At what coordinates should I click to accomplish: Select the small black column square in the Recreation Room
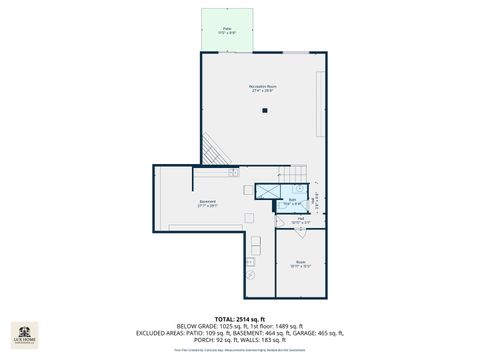[x=265, y=111]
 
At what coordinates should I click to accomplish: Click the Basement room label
[x=207, y=204]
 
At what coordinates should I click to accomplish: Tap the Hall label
[x=298, y=220]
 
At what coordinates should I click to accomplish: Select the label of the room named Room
[x=301, y=265]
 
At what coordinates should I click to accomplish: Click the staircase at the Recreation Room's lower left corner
[x=216, y=152]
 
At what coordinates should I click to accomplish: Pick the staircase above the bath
[x=295, y=174]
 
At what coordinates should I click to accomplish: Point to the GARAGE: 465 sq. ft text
[x=317, y=333]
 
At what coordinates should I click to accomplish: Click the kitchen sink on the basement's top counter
[x=233, y=174]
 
